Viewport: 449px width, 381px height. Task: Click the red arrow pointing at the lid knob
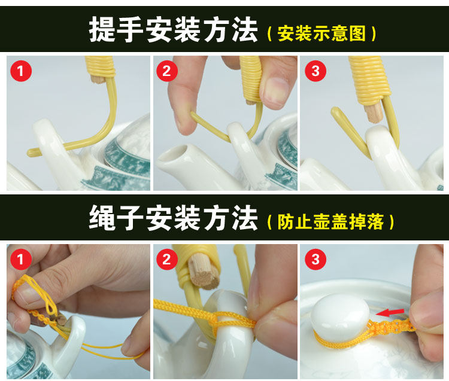[x=390, y=312]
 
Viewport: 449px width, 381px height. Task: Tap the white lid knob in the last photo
[x=340, y=316]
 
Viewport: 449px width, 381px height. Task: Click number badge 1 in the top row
[x=21, y=71]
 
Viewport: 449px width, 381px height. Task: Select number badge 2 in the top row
[x=167, y=71]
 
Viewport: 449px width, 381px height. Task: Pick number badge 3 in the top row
[x=315, y=71]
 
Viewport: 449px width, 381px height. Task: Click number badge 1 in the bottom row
[x=21, y=260]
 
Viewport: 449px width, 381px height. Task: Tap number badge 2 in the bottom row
[x=167, y=260]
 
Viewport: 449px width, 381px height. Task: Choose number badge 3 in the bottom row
[x=315, y=260]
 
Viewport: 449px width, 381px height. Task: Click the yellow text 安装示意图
[x=321, y=33]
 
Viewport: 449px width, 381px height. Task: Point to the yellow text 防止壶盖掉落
[x=330, y=222]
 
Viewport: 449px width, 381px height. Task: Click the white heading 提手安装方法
[x=174, y=29]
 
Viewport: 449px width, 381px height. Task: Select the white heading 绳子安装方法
[x=174, y=218]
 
